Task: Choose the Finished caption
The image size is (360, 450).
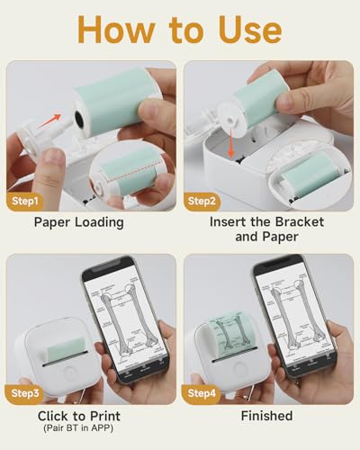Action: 266,415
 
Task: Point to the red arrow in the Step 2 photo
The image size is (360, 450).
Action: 245,135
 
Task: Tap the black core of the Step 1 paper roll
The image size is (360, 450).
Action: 80,105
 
